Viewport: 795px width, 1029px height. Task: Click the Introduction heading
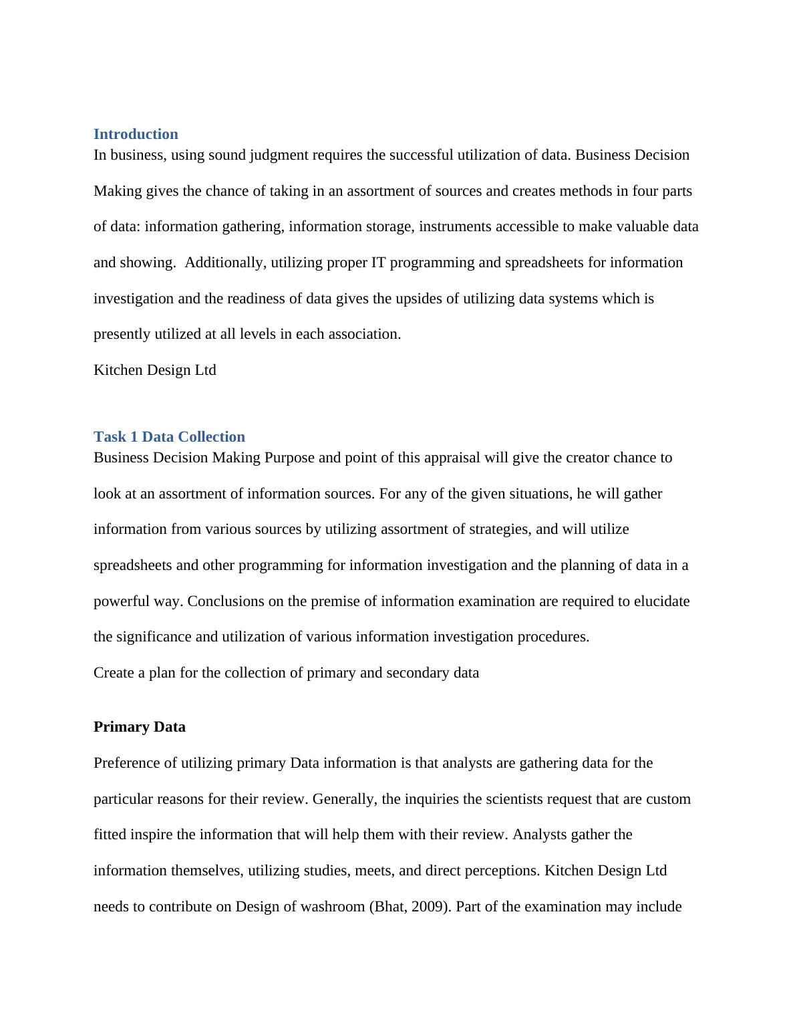136,134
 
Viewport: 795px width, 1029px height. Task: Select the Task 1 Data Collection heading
169,437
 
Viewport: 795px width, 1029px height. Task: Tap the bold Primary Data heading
140,727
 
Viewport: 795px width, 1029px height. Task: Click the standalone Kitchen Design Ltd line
154,370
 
